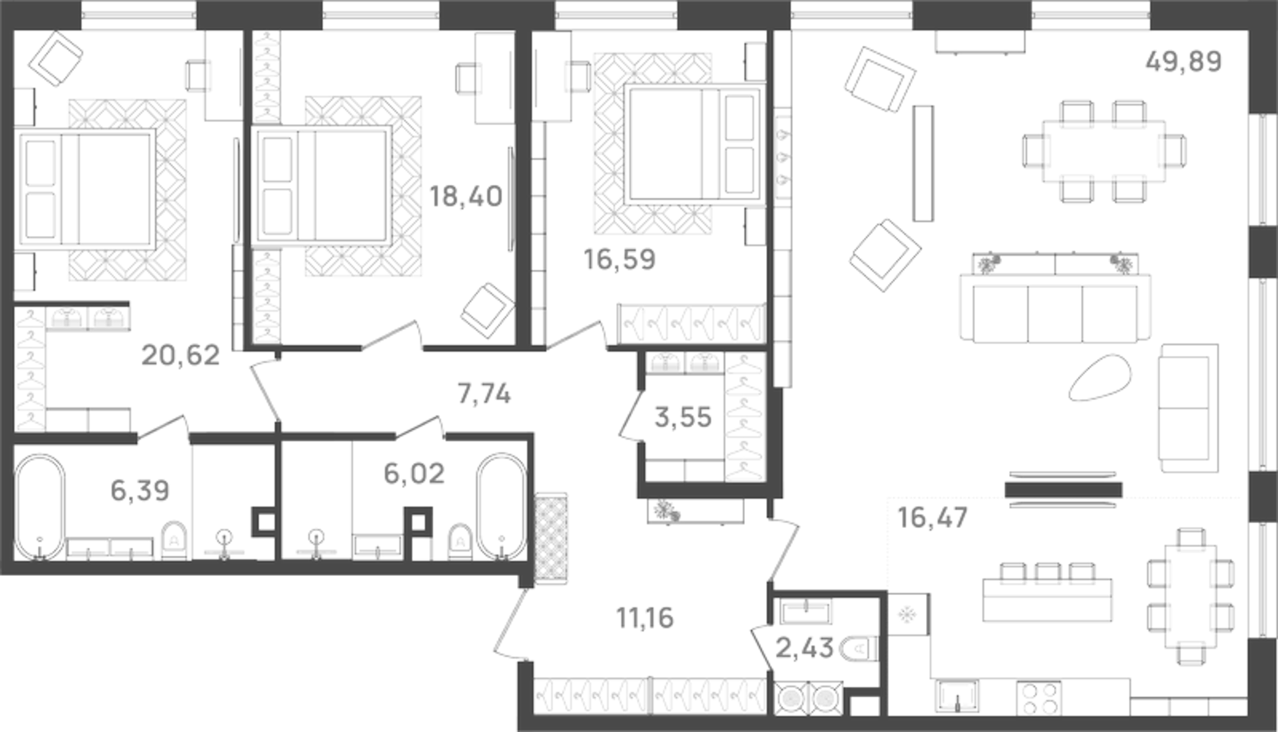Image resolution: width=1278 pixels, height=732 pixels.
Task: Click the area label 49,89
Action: point(1183,61)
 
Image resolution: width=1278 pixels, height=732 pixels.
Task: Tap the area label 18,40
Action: point(465,197)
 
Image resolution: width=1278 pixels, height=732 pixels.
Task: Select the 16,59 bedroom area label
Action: point(619,259)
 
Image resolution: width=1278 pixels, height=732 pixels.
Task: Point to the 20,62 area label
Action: point(181,355)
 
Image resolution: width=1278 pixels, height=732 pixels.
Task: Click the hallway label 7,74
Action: point(484,394)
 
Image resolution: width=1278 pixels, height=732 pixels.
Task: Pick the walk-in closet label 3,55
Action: point(683,417)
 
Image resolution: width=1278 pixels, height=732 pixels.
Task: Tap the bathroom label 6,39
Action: point(139,491)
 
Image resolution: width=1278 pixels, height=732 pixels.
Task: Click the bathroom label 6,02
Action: point(414,474)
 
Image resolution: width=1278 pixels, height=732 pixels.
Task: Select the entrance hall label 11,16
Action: point(644,618)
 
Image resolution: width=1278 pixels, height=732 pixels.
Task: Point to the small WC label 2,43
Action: point(804,649)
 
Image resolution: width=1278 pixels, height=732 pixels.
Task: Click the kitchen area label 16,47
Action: point(932,518)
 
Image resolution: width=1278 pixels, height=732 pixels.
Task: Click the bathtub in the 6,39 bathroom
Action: point(40,507)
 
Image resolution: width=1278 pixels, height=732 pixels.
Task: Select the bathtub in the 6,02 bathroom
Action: point(501,507)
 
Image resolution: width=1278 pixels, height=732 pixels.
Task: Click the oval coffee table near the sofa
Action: point(1101,379)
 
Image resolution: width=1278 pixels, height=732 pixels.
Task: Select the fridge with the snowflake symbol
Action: point(908,614)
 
